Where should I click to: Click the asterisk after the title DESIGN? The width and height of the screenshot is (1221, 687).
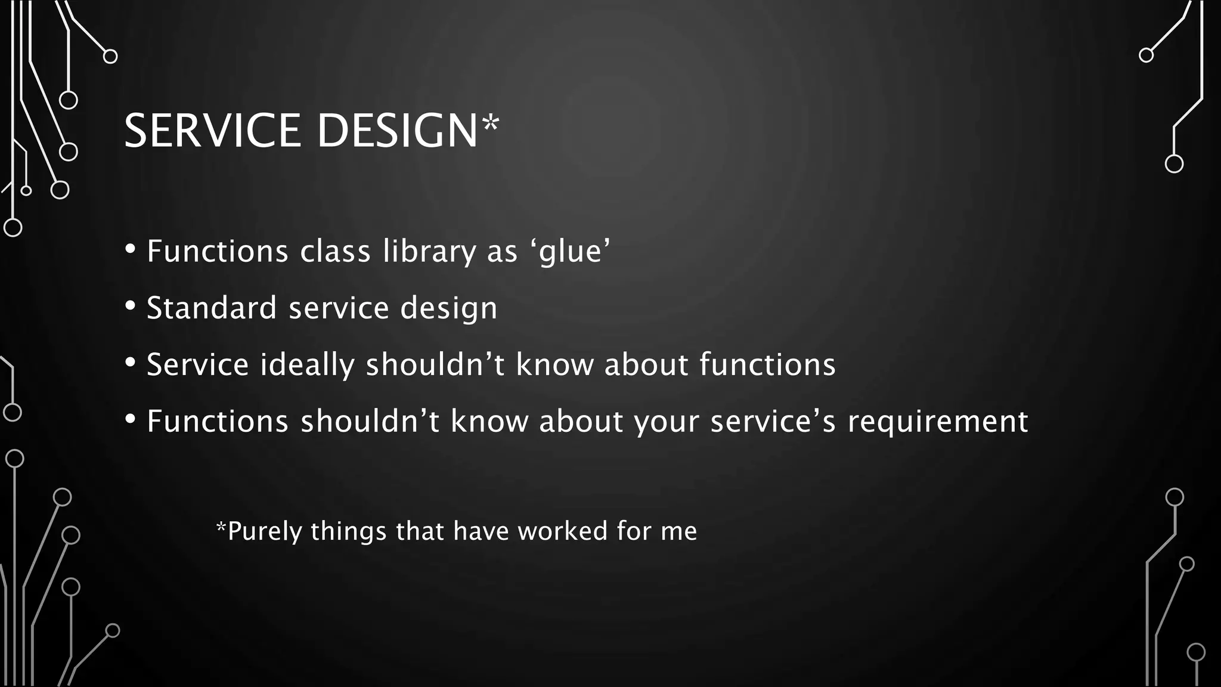click(x=491, y=123)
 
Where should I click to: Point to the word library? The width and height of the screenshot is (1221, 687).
click(x=429, y=251)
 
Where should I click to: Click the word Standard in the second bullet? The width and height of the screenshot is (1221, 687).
click(x=212, y=308)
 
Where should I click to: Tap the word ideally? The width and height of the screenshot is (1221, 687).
click(x=307, y=364)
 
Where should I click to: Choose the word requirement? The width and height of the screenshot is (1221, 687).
click(x=938, y=422)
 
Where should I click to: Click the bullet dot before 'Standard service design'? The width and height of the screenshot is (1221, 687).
click(x=131, y=306)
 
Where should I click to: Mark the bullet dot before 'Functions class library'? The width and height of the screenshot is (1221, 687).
click(x=131, y=249)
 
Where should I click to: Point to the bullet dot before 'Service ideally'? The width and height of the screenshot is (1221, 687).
click(x=131, y=363)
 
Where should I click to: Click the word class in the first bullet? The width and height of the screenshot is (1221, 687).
click(x=335, y=251)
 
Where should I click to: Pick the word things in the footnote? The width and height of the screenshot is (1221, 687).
click(x=348, y=531)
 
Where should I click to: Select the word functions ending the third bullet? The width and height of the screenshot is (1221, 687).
click(x=767, y=364)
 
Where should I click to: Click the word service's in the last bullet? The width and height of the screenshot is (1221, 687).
click(x=773, y=422)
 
